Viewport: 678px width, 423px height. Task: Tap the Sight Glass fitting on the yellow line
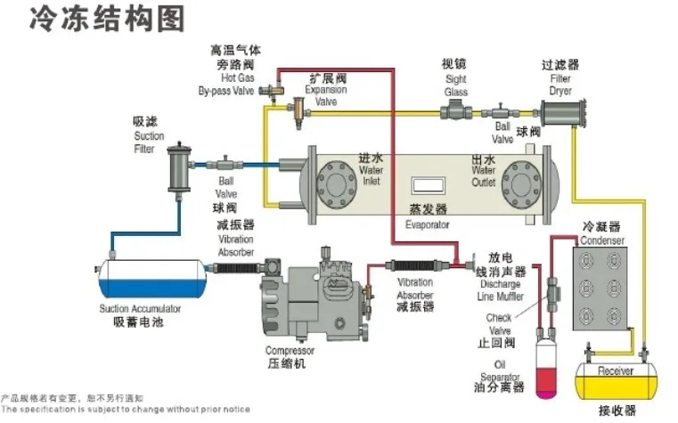click(x=457, y=113)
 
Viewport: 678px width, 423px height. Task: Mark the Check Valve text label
click(x=499, y=324)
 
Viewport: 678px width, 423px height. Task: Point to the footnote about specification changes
click(x=125, y=410)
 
